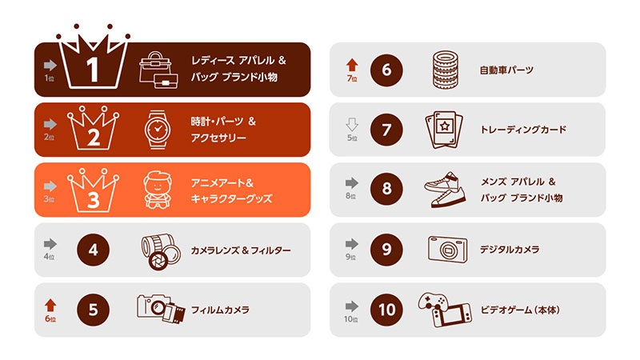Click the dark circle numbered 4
click(93, 250)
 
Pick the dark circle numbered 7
click(386, 130)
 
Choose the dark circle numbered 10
click(386, 310)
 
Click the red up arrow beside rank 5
click(50, 306)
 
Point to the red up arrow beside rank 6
click(352, 66)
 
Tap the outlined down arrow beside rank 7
click(352, 125)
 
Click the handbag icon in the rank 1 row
click(158, 70)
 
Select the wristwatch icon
click(158, 130)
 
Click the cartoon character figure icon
click(158, 190)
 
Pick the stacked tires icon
click(446, 70)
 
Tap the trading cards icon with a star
click(444, 130)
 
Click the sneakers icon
click(445, 190)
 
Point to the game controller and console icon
click(445, 310)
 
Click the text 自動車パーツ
click(506, 70)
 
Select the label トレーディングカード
click(523, 130)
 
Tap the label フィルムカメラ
click(220, 310)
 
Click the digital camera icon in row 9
click(447, 250)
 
